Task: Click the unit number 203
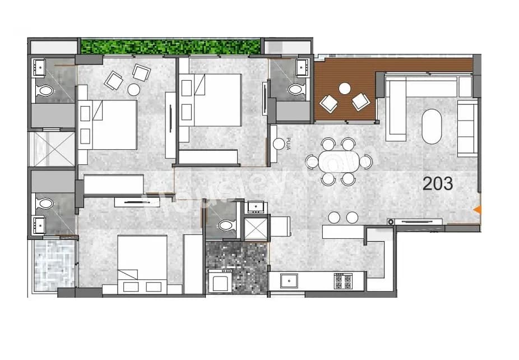(438, 183)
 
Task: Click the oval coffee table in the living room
(432, 126)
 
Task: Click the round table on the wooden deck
(345, 88)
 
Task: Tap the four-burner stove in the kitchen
(342, 281)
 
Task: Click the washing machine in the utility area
(219, 280)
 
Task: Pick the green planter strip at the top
(170, 46)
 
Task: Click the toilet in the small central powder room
(226, 225)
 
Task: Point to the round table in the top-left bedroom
(133, 89)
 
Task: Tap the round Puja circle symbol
(279, 144)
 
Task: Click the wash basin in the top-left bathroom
(39, 67)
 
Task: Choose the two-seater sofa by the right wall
(467, 128)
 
